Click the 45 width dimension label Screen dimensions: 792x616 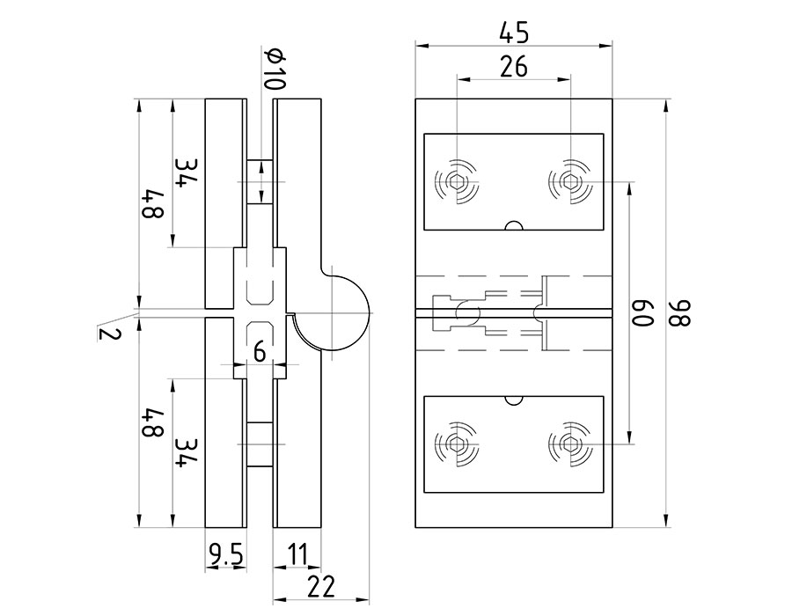514,33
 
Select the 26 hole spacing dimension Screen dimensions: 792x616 514,67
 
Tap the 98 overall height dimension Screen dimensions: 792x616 684,313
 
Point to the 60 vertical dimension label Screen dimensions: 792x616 644,313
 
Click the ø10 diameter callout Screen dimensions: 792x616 274,69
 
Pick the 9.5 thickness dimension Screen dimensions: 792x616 226,556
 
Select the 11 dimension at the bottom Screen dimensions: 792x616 297,554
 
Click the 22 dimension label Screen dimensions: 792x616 321,587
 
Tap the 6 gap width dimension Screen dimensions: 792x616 259,351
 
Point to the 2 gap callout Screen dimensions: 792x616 110,334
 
